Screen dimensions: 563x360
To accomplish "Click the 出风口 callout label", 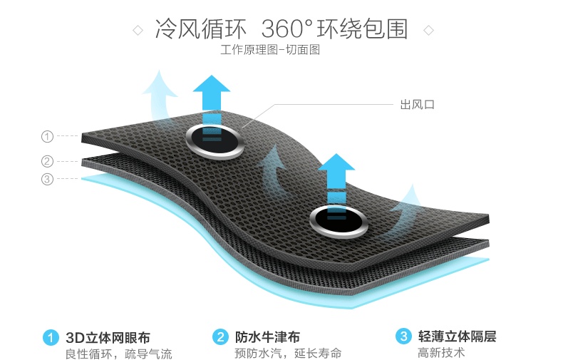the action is coord(418,105).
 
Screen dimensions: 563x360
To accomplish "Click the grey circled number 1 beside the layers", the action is coord(48,136).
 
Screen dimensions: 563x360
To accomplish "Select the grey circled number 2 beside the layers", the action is coord(48,161).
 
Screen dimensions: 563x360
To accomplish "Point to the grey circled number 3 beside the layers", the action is coord(48,179).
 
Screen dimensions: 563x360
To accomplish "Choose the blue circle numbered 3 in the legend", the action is coord(404,336).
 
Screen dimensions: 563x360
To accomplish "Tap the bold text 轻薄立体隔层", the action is coord(458,336).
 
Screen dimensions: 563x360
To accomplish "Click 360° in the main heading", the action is coord(286,30).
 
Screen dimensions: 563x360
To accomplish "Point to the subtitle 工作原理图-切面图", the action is coord(270,51).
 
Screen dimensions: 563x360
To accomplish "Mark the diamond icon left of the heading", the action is coord(138,31).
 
